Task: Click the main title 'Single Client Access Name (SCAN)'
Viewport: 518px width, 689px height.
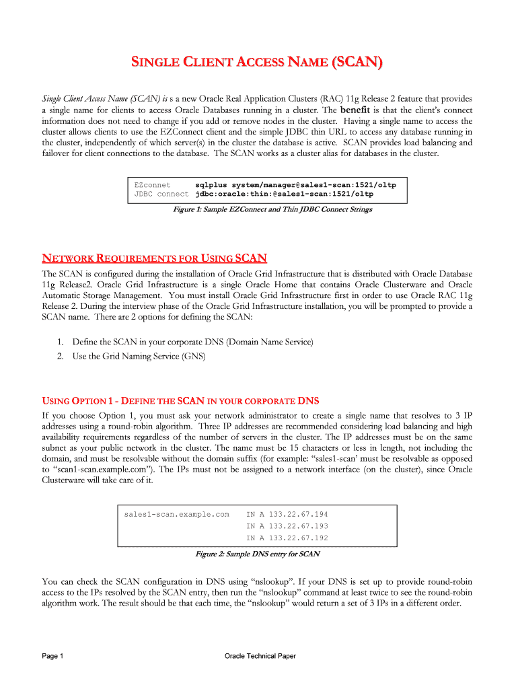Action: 259,65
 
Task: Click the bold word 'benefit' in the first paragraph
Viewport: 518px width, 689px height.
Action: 355,110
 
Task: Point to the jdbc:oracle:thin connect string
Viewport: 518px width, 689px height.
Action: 284,194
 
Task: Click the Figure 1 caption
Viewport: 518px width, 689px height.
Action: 272,209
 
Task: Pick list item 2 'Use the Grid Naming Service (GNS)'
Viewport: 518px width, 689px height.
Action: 139,355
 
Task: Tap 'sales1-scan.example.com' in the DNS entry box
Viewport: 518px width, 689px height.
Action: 177,514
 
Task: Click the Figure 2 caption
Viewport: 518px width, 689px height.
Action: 257,554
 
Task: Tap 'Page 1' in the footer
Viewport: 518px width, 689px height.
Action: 52,656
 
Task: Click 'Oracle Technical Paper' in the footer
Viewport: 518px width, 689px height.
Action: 260,656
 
